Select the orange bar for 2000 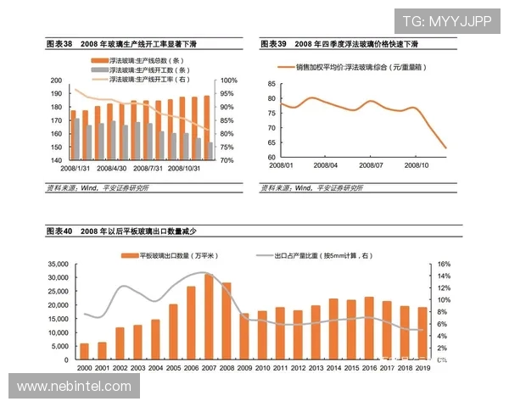point(84,352)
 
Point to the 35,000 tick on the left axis point(57,265)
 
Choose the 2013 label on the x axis point(316,368)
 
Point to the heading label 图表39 point(274,42)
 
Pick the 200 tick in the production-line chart point(57,81)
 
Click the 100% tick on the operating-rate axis point(228,81)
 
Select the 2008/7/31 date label point(157,168)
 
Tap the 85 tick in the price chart point(271,84)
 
